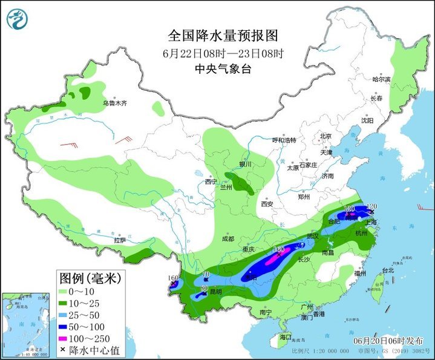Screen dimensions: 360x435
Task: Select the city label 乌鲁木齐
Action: [x=114, y=103]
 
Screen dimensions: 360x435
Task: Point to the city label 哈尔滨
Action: [x=381, y=79]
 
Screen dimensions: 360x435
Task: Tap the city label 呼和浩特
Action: [x=284, y=140]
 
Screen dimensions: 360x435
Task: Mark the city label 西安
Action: [x=268, y=204]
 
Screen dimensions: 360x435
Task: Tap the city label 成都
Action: [x=227, y=239]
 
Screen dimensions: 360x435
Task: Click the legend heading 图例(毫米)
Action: [x=90, y=278]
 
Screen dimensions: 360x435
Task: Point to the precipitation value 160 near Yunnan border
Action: [x=173, y=279]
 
